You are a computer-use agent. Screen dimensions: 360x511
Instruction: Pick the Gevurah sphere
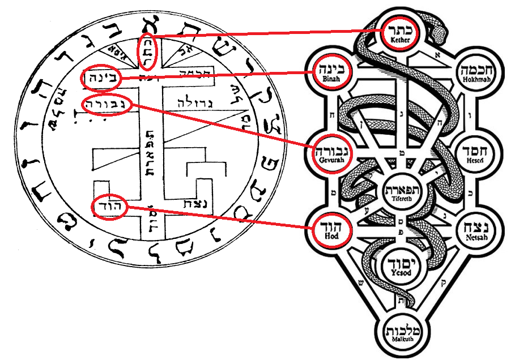point(329,153)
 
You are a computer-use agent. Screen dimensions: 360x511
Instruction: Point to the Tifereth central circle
point(403,191)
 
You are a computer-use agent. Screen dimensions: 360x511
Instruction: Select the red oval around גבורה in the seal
point(106,105)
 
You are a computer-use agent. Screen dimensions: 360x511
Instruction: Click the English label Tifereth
point(403,199)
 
